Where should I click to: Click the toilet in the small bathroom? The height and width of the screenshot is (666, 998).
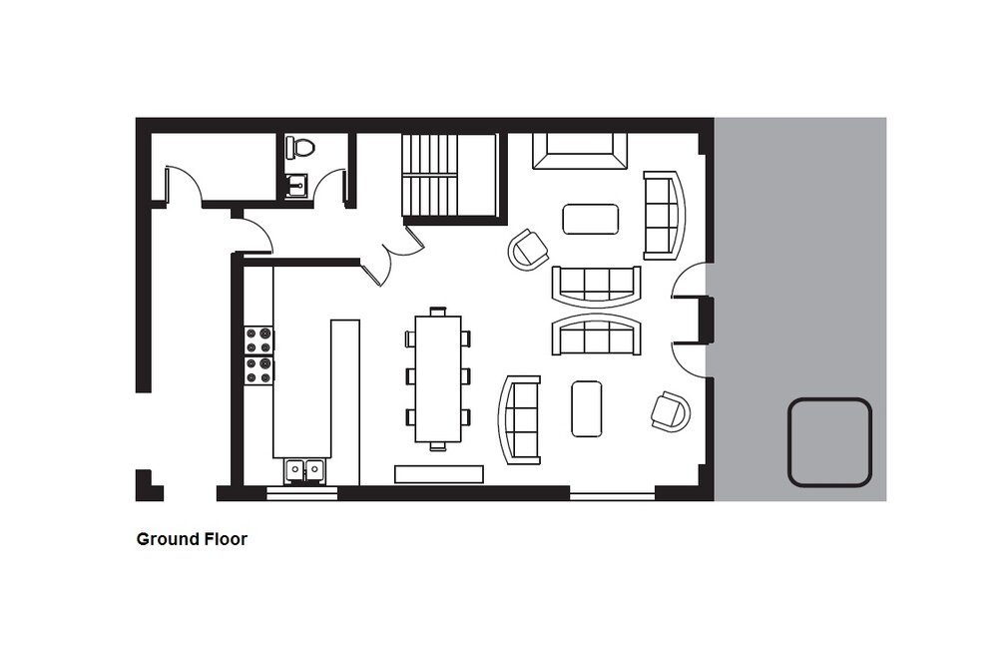[x=299, y=147]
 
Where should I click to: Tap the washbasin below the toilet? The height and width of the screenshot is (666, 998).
[x=296, y=186]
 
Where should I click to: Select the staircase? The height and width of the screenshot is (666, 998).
[x=449, y=175]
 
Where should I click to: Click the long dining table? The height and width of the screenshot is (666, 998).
[x=438, y=378]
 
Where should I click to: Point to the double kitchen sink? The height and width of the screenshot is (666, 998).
[x=304, y=470]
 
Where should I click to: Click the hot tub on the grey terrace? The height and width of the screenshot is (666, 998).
[x=829, y=442]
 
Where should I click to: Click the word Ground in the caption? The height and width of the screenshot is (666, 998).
[x=168, y=539]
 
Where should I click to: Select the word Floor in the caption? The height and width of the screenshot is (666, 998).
[x=226, y=539]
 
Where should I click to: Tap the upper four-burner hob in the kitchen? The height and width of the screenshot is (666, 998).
[x=259, y=340]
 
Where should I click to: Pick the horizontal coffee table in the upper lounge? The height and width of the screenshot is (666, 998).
[x=591, y=219]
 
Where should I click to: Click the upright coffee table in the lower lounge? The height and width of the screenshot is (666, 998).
[x=587, y=408]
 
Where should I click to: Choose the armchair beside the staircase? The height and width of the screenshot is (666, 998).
[x=528, y=250]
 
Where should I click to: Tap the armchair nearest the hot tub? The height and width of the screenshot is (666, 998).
[x=671, y=412]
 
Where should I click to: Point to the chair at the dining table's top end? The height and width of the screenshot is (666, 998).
[x=438, y=312]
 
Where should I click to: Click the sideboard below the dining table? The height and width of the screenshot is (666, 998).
[x=439, y=474]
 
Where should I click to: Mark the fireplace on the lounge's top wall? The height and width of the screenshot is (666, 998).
[x=580, y=151]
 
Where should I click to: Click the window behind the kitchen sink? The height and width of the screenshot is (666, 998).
[x=301, y=493]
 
